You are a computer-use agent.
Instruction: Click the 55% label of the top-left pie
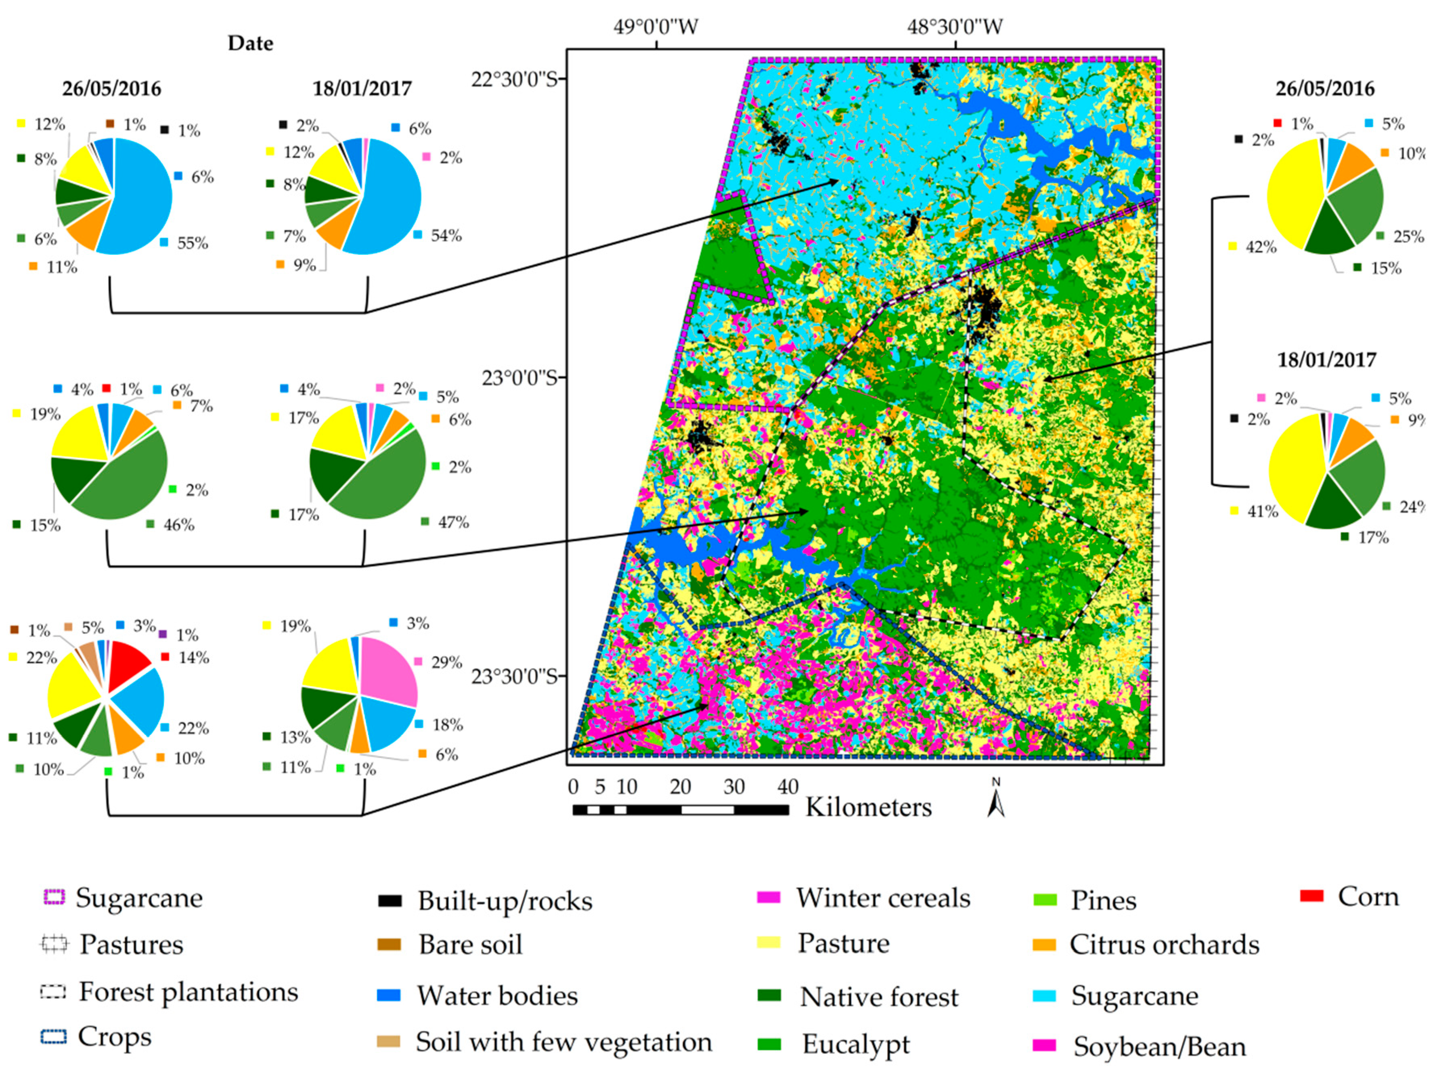192,243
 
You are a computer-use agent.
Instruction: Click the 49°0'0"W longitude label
656,27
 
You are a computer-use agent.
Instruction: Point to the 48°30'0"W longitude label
955,27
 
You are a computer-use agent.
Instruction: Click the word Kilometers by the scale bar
868,807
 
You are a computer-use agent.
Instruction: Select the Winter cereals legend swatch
769,897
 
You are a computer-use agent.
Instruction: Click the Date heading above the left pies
251,44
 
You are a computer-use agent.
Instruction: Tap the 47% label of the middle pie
452,522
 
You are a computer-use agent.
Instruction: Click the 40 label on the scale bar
788,787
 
